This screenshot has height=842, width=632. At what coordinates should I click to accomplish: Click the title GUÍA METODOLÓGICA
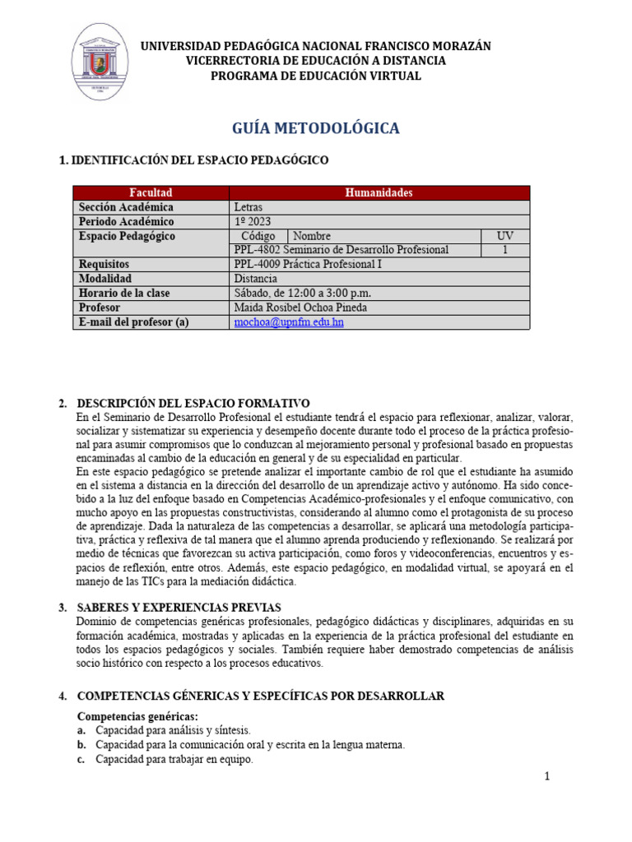(x=316, y=128)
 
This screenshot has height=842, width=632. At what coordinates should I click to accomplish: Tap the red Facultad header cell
(x=150, y=192)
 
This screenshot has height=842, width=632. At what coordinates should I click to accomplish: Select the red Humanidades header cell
(x=379, y=192)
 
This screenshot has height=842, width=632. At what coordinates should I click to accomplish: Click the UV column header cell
(x=504, y=236)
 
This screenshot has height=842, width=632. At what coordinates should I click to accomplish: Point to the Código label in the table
(x=258, y=236)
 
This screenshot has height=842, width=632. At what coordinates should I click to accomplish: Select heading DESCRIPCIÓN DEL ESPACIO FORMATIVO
(x=193, y=403)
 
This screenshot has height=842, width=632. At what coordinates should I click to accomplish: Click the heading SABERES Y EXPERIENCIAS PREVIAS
(x=180, y=607)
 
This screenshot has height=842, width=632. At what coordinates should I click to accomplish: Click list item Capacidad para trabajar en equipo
(x=174, y=760)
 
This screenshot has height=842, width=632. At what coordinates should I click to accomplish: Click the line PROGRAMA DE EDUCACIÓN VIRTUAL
(x=316, y=76)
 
